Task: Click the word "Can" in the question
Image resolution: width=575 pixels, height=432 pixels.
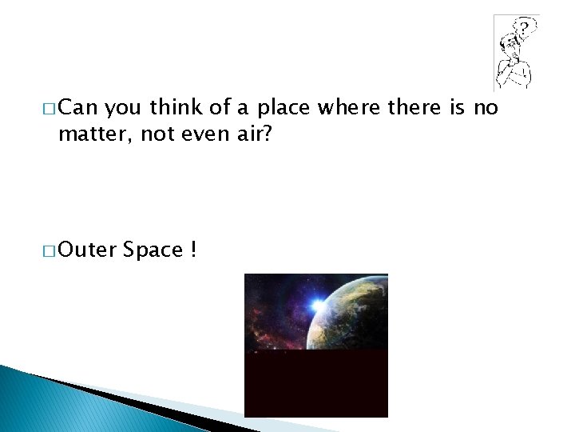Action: (x=77, y=107)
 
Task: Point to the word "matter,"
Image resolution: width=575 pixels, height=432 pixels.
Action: (x=95, y=134)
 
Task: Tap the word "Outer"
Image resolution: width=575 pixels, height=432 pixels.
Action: (x=87, y=250)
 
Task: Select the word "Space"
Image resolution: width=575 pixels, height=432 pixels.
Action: (x=154, y=250)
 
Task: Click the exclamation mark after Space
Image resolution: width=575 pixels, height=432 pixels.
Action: (x=194, y=250)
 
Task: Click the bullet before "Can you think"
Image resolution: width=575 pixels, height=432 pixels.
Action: (x=50, y=108)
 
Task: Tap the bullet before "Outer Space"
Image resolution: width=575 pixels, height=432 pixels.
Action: (x=50, y=250)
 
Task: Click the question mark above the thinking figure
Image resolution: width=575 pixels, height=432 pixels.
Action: (x=524, y=29)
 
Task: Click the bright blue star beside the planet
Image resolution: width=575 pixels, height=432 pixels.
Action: (x=319, y=303)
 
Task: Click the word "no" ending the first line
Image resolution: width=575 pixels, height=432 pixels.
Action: (x=486, y=107)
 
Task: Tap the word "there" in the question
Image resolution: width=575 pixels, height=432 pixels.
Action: (x=414, y=107)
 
